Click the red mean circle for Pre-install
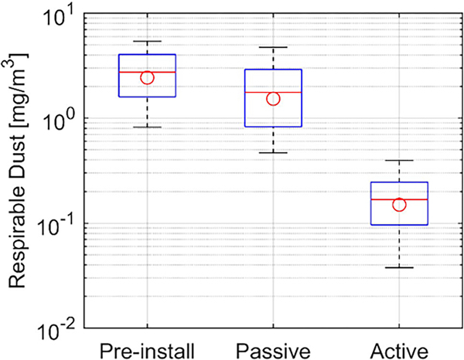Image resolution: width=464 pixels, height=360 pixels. click(147, 77)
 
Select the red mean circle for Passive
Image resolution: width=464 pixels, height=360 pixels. click(273, 98)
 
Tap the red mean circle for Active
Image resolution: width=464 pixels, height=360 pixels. click(399, 204)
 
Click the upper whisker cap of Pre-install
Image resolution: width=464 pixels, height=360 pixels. click(147, 41)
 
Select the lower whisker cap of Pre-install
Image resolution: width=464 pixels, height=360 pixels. click(147, 127)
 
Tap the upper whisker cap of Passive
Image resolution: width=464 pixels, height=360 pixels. click(273, 47)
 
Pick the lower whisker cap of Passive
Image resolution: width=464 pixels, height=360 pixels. click(273, 153)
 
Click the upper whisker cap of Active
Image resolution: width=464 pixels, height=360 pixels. click(399, 161)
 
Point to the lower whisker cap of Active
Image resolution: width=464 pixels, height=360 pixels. click(399, 267)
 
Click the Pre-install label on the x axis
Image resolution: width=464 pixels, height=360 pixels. click(147, 345)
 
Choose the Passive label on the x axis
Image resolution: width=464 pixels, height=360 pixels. click(273, 345)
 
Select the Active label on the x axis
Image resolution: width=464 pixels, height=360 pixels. click(399, 345)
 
